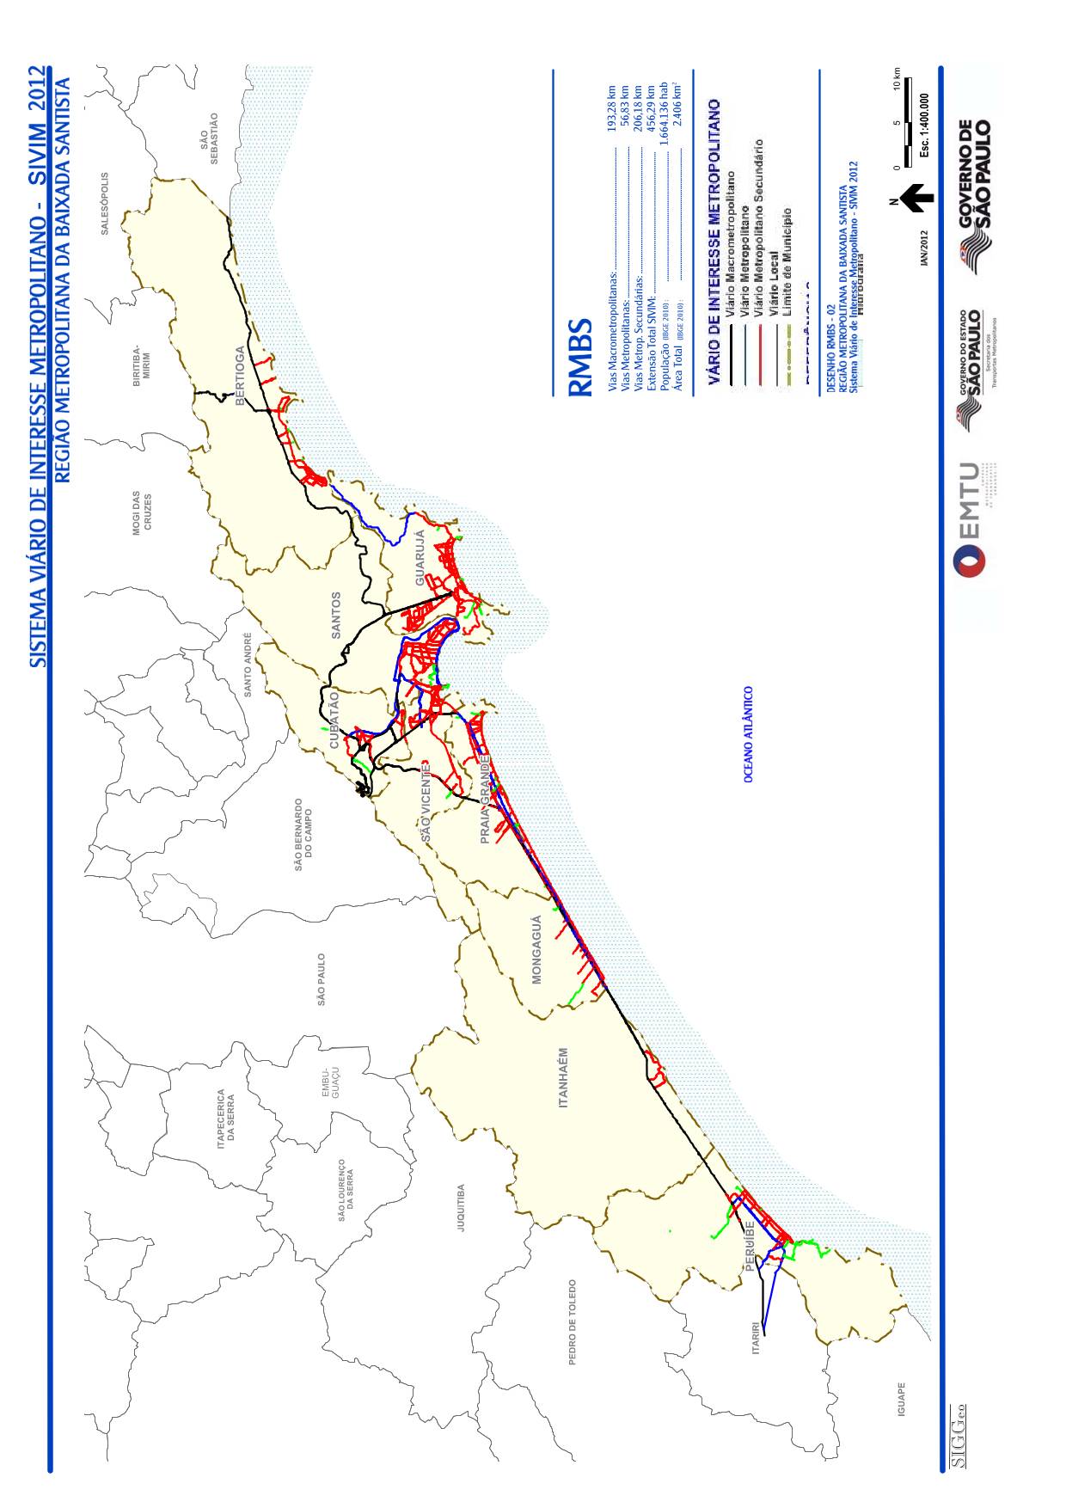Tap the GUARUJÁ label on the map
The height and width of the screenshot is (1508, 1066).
pyautogui.click(x=420, y=558)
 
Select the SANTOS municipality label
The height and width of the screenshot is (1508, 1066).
pyautogui.click(x=336, y=614)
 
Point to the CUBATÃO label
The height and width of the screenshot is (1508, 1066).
pyautogui.click(x=334, y=720)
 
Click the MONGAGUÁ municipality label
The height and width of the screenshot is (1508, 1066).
pyautogui.click(x=536, y=950)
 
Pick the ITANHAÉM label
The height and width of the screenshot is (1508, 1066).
pyautogui.click(x=564, y=1077)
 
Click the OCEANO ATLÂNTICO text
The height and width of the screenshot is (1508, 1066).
pyautogui.click(x=749, y=733)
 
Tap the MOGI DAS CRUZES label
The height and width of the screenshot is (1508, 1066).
pyautogui.click(x=142, y=513)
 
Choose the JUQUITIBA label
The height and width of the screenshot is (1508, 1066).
pyautogui.click(x=461, y=1208)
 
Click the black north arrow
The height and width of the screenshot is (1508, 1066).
pyautogui.click(x=917, y=198)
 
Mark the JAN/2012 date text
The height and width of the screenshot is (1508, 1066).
pyautogui.click(x=924, y=248)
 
